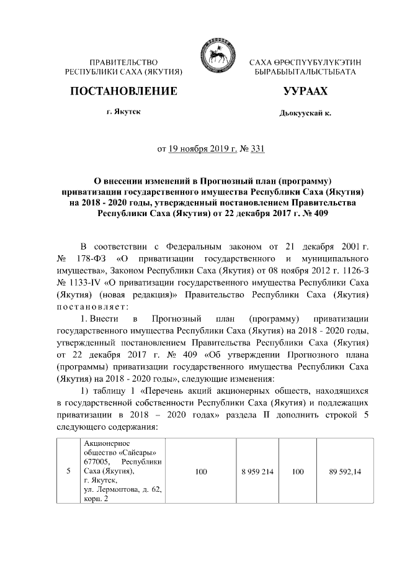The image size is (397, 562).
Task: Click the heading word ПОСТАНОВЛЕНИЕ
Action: click(x=123, y=92)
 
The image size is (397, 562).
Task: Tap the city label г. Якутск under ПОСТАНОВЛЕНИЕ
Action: click(x=123, y=112)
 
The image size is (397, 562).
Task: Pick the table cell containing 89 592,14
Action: click(x=346, y=473)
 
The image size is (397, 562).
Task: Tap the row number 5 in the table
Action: click(x=68, y=473)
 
